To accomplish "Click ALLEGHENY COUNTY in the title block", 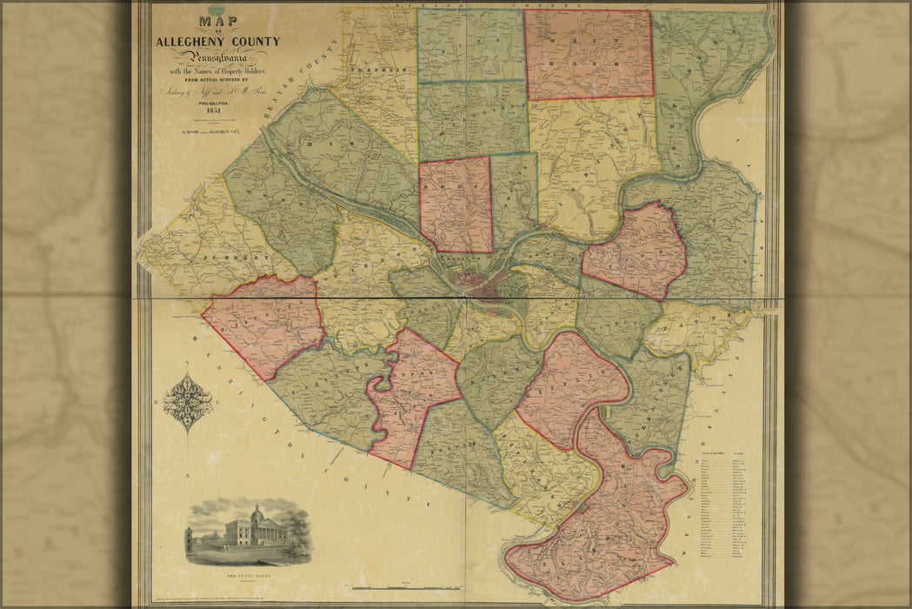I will [x=217, y=41].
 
